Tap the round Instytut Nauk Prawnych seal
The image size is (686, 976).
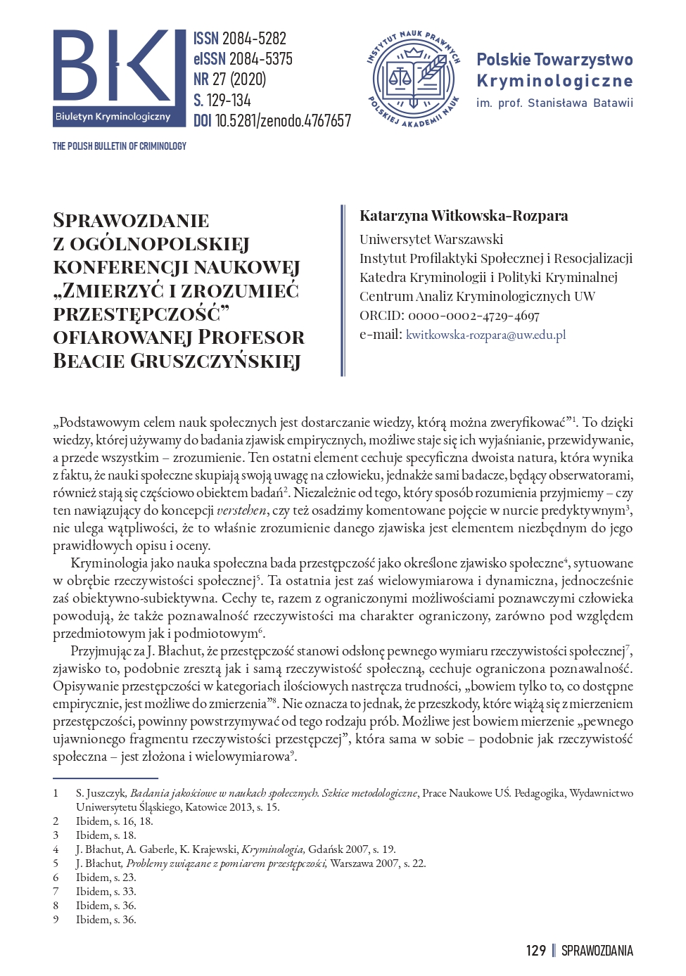[413, 79]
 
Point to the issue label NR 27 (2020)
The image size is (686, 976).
[230, 79]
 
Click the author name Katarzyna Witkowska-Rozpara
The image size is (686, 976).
[464, 216]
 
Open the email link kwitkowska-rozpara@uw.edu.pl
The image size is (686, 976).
[485, 335]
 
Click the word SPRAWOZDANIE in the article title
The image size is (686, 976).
[131, 221]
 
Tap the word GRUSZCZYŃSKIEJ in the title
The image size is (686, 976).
[215, 361]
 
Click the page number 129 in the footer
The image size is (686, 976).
[535, 951]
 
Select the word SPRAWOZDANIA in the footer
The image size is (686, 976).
[597, 951]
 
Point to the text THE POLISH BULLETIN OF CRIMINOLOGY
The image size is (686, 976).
[120, 146]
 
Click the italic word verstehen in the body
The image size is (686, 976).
[241, 511]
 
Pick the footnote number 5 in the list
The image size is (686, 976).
[56, 863]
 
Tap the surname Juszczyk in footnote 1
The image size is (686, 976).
[106, 793]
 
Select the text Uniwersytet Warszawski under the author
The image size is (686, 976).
[431, 239]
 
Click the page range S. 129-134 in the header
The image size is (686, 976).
[222, 100]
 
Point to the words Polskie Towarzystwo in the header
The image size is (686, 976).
[554, 60]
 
